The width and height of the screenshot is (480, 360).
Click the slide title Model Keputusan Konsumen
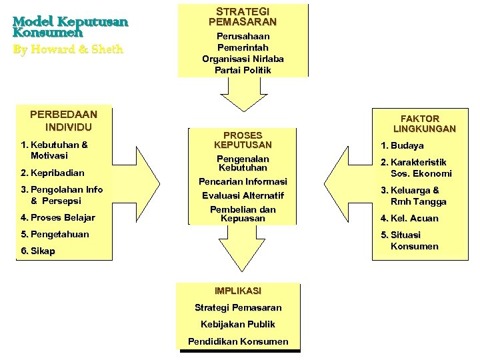[x=69, y=27]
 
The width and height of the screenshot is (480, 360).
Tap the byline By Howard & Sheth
[x=68, y=49]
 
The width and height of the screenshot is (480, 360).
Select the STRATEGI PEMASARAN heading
[x=243, y=17]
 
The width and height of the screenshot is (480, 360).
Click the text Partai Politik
[x=243, y=70]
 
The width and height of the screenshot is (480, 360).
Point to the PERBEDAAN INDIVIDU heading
[x=65, y=120]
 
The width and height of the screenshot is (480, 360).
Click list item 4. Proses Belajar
[x=57, y=217]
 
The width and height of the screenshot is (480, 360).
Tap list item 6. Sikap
[x=38, y=251]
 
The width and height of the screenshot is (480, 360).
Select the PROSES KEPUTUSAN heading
[x=243, y=139]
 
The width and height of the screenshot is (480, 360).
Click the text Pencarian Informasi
[x=243, y=181]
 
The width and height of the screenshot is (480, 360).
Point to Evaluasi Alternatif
[x=243, y=196]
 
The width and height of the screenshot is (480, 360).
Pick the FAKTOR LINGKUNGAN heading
[x=424, y=123]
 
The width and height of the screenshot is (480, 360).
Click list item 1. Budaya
[x=402, y=145]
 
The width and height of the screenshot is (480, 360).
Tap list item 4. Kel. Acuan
[x=409, y=218]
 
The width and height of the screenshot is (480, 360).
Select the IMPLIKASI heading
[x=238, y=291]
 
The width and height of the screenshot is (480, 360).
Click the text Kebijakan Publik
[x=238, y=324]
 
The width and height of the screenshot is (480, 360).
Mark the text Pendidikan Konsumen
[x=238, y=341]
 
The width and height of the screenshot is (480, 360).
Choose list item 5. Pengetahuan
[x=55, y=235]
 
